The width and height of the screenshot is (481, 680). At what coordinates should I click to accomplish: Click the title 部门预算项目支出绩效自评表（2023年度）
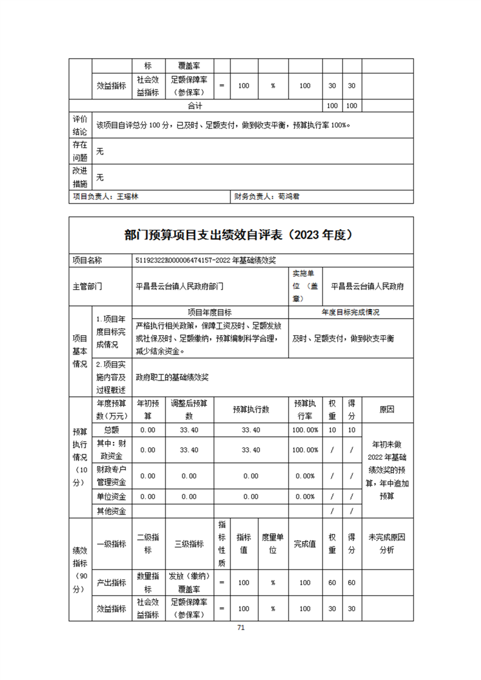click(x=241, y=235)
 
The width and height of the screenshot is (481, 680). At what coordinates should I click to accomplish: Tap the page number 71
click(x=241, y=627)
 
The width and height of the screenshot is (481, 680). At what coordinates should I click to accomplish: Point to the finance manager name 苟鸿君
click(x=289, y=197)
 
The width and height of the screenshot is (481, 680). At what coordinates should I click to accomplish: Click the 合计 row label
click(x=195, y=105)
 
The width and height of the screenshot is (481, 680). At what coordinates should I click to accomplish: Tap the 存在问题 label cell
click(x=80, y=151)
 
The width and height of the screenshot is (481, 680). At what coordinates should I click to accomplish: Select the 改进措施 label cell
click(x=80, y=177)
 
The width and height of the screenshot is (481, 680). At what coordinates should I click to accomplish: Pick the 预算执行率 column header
click(x=305, y=409)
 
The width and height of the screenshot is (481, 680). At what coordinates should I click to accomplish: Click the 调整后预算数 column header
click(x=189, y=409)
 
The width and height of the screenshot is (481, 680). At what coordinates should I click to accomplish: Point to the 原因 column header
click(x=386, y=409)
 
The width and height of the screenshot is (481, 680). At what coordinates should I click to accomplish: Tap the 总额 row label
click(x=112, y=430)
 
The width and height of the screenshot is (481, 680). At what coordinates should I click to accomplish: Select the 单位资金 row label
click(x=112, y=496)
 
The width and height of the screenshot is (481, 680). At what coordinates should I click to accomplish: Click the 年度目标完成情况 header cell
click(x=351, y=313)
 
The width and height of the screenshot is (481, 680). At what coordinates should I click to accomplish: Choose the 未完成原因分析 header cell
click(x=386, y=544)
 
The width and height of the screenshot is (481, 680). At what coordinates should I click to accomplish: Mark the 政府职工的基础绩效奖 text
click(x=172, y=377)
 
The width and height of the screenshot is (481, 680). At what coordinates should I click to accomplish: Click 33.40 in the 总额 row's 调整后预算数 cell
click(x=189, y=430)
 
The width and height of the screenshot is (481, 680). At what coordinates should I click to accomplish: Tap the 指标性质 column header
click(x=221, y=544)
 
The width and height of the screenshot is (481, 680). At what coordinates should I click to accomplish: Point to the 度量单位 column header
click(x=273, y=544)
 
